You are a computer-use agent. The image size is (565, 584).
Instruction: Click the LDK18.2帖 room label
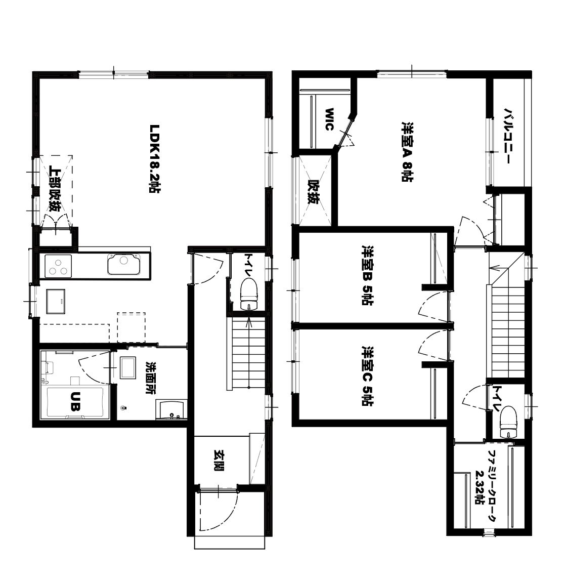(x=154, y=158)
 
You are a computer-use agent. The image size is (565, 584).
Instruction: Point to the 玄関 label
(x=219, y=461)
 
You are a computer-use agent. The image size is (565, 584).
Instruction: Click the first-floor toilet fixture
(x=249, y=295)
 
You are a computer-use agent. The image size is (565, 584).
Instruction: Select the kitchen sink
(x=124, y=264)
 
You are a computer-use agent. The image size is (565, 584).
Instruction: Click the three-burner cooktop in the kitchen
(x=59, y=266)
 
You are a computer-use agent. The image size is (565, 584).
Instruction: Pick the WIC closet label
(x=329, y=119)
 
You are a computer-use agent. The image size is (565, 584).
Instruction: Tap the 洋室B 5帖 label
(x=367, y=275)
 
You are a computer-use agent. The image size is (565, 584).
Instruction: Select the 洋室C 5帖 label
(x=368, y=376)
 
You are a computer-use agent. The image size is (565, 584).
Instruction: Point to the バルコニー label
(x=508, y=136)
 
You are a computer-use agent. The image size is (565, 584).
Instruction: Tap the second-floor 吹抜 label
(x=314, y=192)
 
